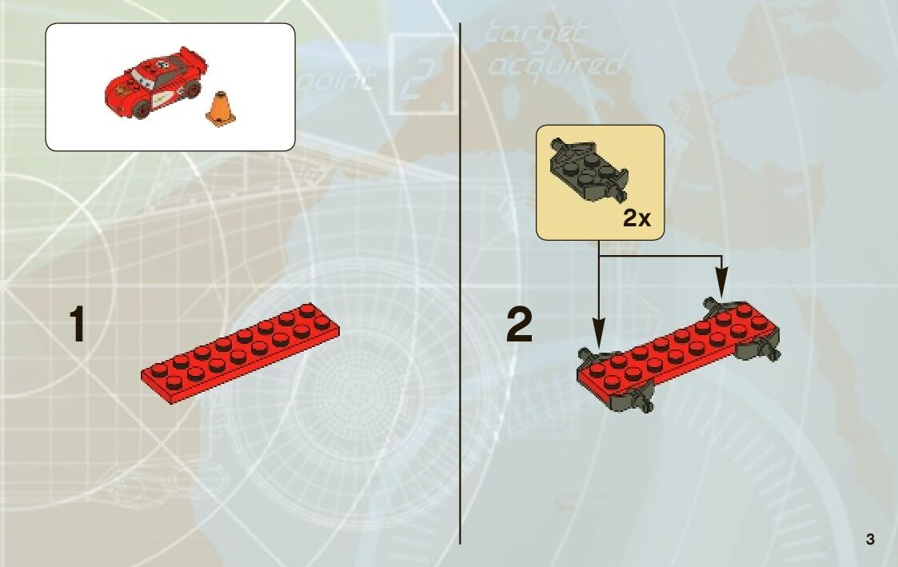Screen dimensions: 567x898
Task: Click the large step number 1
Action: pyautogui.click(x=77, y=326)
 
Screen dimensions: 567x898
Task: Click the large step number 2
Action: pyautogui.click(x=520, y=326)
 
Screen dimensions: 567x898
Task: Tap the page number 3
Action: pyautogui.click(x=870, y=540)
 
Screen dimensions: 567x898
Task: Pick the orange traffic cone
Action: pyautogui.click(x=221, y=109)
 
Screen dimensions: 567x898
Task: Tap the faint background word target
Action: pyautogui.click(x=536, y=34)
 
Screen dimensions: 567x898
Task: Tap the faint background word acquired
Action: pyautogui.click(x=554, y=64)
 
